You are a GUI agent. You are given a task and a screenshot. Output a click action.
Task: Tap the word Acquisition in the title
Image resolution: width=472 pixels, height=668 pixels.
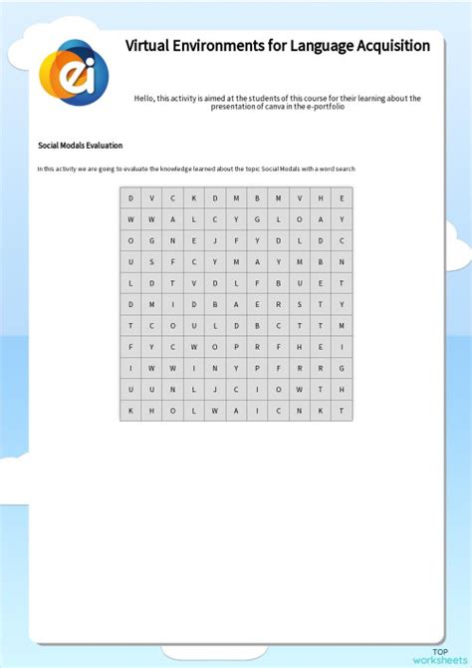385,46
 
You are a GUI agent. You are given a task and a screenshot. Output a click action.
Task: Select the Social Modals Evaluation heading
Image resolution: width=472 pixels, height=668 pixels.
80,146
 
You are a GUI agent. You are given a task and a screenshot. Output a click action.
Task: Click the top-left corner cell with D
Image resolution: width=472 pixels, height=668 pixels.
130,197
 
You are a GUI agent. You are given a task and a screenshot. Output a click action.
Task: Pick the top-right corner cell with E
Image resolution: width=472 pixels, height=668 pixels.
342,197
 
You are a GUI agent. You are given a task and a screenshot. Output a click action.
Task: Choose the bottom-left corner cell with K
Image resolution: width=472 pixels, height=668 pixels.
130,410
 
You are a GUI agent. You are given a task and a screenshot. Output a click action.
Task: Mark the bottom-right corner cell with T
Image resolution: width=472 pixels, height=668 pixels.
342,410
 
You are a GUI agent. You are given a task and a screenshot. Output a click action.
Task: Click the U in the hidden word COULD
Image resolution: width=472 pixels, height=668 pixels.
194,325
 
